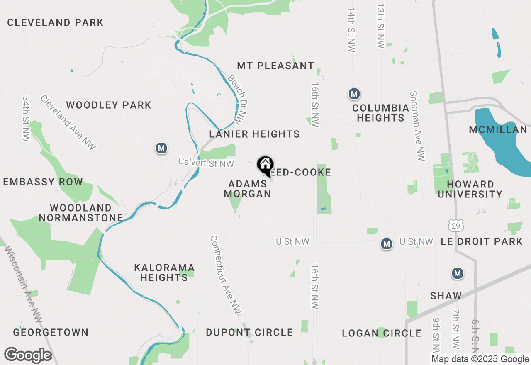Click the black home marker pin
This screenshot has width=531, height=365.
point(265,165)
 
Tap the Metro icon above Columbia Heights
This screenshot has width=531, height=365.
point(354,94)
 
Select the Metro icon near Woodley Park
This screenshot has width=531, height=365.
point(161,148)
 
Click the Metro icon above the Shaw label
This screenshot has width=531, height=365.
point(457,273)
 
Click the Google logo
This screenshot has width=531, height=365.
point(28,355)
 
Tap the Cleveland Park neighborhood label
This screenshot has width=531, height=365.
point(55,22)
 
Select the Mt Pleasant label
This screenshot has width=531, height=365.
point(275,66)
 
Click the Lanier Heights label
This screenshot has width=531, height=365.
point(254,134)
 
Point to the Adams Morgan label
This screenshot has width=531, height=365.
point(248,189)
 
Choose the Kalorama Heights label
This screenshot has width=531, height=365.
point(164,273)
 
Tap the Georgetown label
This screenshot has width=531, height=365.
point(51,332)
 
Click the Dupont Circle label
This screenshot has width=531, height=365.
point(249,332)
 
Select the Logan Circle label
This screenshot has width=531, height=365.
point(382,333)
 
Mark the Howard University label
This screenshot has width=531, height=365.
point(470,189)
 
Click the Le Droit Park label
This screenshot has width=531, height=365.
point(481,241)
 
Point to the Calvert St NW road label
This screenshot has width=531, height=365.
point(206,163)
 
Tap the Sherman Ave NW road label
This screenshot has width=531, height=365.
point(417,126)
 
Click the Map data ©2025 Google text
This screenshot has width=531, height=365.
point(480,359)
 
